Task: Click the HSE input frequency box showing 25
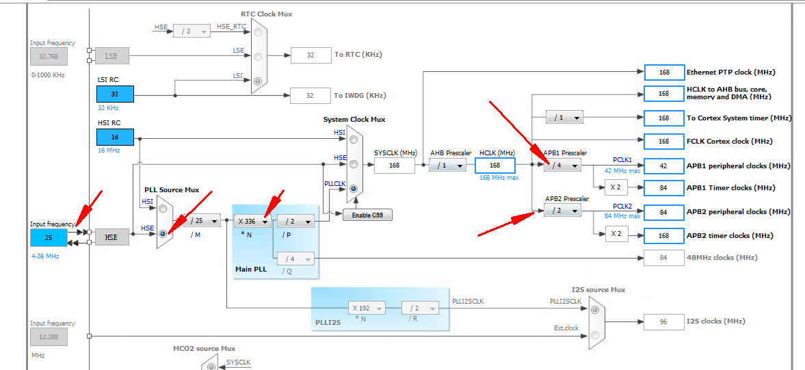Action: pyautogui.click(x=49, y=237)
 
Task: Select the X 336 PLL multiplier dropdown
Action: pyautogui.click(x=253, y=221)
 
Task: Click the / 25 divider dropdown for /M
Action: pyautogui.click(x=202, y=221)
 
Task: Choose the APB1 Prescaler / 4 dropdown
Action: pyautogui.click(x=562, y=166)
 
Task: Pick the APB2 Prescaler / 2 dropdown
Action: pyautogui.click(x=562, y=211)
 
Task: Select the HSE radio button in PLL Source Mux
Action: pyautogui.click(x=163, y=233)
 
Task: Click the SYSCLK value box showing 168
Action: pyautogui.click(x=394, y=166)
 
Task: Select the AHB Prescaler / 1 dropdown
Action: pyautogui.click(x=447, y=166)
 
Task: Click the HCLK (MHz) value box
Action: pyautogui.click(x=494, y=166)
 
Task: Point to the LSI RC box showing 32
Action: pyautogui.click(x=115, y=94)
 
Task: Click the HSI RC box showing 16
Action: pyautogui.click(x=115, y=137)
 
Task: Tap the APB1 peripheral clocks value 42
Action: pyautogui.click(x=663, y=166)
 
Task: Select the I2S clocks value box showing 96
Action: pyautogui.click(x=663, y=321)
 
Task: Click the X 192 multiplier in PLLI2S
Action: pyautogui.click(x=367, y=308)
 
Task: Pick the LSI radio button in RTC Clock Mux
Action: pyautogui.click(x=257, y=81)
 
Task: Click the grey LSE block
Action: pyautogui.click(x=111, y=55)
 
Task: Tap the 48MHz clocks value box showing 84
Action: pyautogui.click(x=663, y=257)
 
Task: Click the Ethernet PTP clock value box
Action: pyautogui.click(x=663, y=72)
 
